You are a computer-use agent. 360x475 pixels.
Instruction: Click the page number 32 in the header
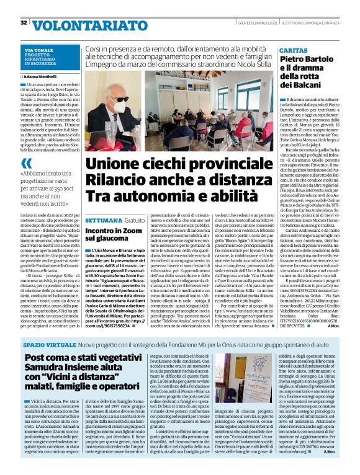(x=24, y=23)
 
